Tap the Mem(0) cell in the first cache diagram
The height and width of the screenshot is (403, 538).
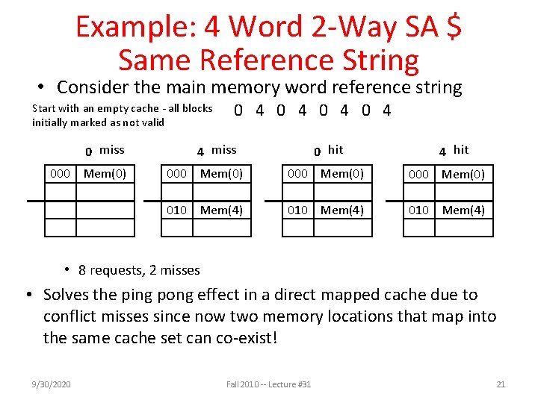[105, 174]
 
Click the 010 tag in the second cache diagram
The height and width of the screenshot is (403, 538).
[176, 210]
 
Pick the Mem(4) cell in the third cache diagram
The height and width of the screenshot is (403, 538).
[342, 210]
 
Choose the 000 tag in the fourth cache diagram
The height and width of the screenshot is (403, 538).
[418, 174]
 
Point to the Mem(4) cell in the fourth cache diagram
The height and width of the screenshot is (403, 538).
[463, 210]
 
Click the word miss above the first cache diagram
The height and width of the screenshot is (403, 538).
[112, 150]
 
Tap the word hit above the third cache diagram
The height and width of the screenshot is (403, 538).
[336, 150]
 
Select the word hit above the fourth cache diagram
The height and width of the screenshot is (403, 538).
[461, 149]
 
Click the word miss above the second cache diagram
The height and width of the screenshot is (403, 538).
[223, 150]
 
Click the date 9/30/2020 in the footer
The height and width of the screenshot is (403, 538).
[52, 384]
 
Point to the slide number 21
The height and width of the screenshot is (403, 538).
[501, 384]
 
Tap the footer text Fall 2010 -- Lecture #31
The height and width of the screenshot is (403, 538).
[269, 384]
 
